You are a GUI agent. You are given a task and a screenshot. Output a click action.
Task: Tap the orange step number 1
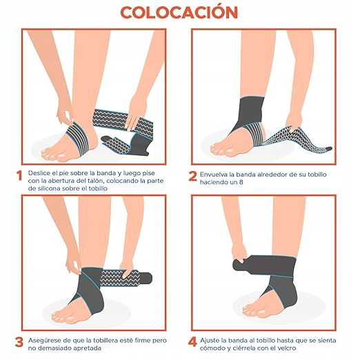tap(19, 176)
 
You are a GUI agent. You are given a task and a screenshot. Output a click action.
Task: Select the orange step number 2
tap(192, 177)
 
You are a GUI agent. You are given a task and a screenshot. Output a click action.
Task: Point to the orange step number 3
tap(19, 342)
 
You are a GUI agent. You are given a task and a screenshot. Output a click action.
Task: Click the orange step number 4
tap(192, 341)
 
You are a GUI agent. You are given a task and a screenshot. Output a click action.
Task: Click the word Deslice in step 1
tap(39, 173)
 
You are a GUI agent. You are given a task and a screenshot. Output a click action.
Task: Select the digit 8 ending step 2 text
tap(241, 182)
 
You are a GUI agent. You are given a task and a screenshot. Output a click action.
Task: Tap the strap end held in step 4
tap(239, 265)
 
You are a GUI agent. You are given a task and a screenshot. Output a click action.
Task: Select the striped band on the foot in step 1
tap(78, 138)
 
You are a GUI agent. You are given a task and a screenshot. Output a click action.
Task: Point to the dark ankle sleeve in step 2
tap(250, 112)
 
